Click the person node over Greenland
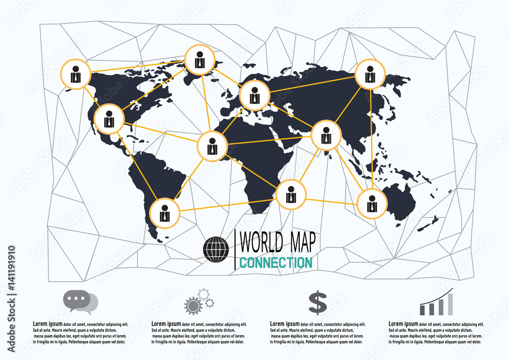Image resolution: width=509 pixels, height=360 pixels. [200, 60]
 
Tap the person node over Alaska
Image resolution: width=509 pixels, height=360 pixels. [76, 74]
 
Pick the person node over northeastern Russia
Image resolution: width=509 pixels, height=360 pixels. [370, 74]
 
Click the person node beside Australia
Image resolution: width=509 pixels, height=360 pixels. [372, 204]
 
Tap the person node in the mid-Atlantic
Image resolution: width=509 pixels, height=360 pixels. [213, 146]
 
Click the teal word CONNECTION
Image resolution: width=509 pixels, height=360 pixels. [275, 263]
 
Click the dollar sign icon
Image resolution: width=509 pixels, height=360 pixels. [318, 302]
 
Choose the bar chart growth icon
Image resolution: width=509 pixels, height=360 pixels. [437, 302]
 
